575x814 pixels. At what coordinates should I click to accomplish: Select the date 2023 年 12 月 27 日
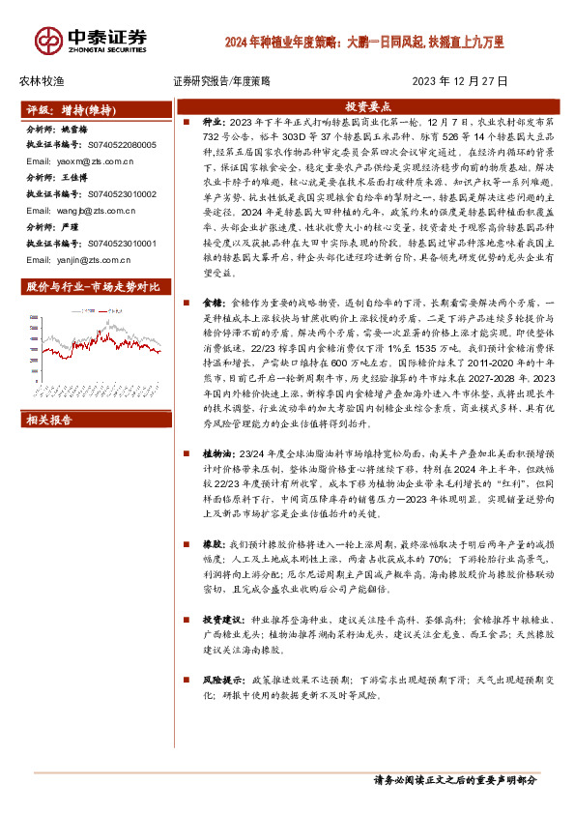[x=460, y=81]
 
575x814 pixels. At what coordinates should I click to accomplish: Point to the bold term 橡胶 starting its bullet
[x=210, y=546]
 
